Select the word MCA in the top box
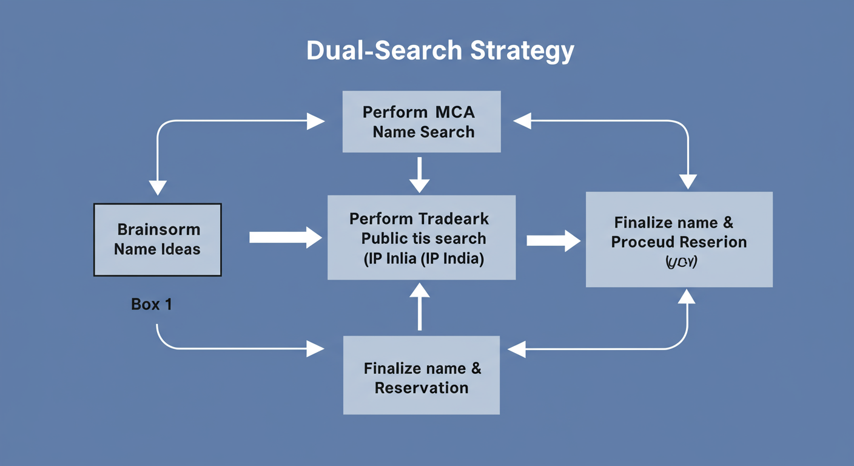455,112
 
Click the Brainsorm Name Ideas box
158,240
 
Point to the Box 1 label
152,304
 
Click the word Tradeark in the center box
454,219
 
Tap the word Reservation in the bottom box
422,388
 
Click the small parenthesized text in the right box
679,263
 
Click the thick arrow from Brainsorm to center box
285,237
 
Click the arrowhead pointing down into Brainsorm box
158,187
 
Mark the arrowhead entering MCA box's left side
316,121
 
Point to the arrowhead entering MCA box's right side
522,121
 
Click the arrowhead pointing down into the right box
688,181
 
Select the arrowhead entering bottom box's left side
315,348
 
